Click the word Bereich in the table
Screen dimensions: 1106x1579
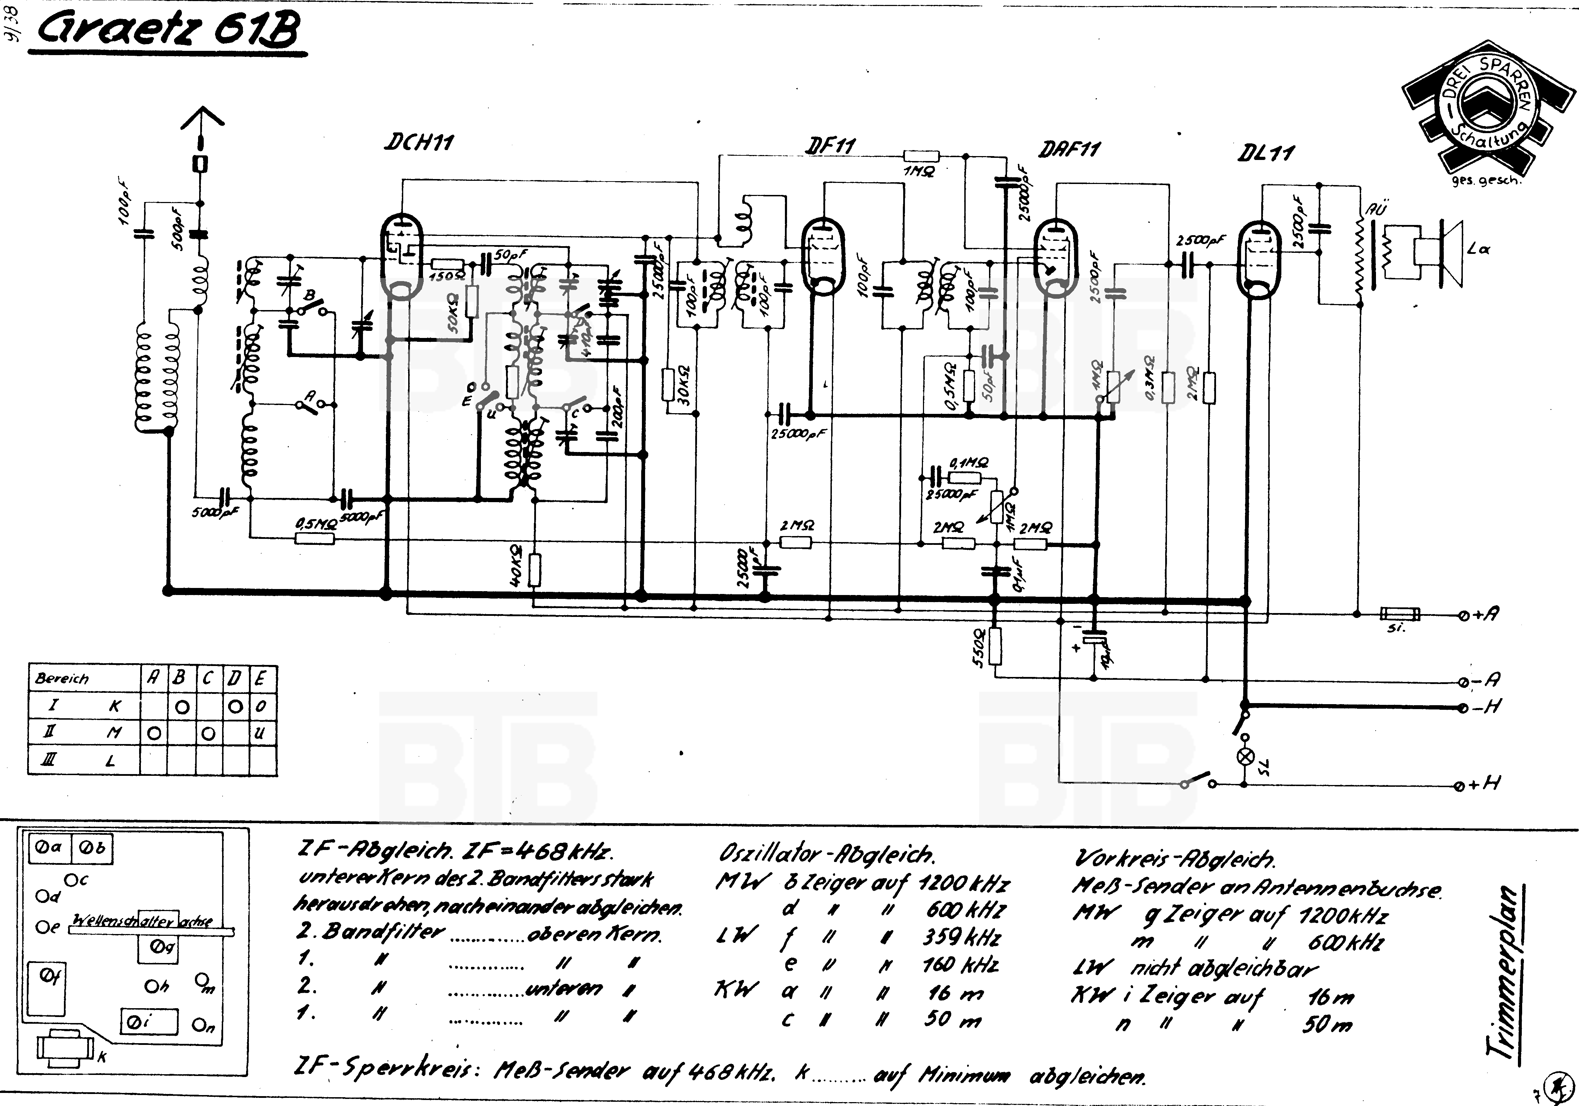(62, 679)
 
